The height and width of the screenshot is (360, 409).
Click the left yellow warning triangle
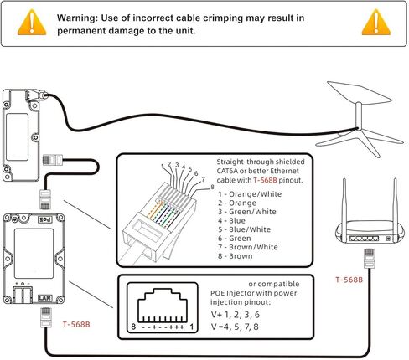pyautogui.click(x=32, y=23)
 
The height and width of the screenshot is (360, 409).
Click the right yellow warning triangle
pyautogui.click(x=376, y=23)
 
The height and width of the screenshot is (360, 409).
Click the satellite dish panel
pyautogui.click(x=360, y=94)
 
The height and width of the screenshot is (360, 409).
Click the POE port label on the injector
pyautogui.click(x=45, y=219)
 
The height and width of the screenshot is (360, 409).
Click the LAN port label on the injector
pyautogui.click(x=45, y=298)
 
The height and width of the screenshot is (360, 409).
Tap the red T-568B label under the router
pyautogui.click(x=349, y=280)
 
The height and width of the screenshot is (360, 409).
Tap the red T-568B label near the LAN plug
pyautogui.click(x=76, y=325)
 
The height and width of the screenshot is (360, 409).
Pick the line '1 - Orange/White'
pyautogui.click(x=250, y=194)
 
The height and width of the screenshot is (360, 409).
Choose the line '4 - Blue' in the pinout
pyautogui.click(x=231, y=221)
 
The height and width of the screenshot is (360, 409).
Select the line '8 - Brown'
pyautogui.click(x=236, y=256)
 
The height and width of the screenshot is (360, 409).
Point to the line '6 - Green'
pyautogui.click(x=235, y=239)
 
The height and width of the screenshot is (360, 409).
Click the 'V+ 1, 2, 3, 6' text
pyautogui.click(x=236, y=315)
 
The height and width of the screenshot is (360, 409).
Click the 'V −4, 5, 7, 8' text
pyautogui.click(x=235, y=327)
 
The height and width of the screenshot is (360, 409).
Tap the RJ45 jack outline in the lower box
pyautogui.click(x=163, y=306)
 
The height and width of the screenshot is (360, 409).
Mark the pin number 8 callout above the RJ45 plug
pyautogui.click(x=212, y=187)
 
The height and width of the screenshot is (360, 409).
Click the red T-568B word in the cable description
pyautogui.click(x=265, y=180)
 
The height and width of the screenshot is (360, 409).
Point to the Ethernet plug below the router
pyautogui.click(x=369, y=259)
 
